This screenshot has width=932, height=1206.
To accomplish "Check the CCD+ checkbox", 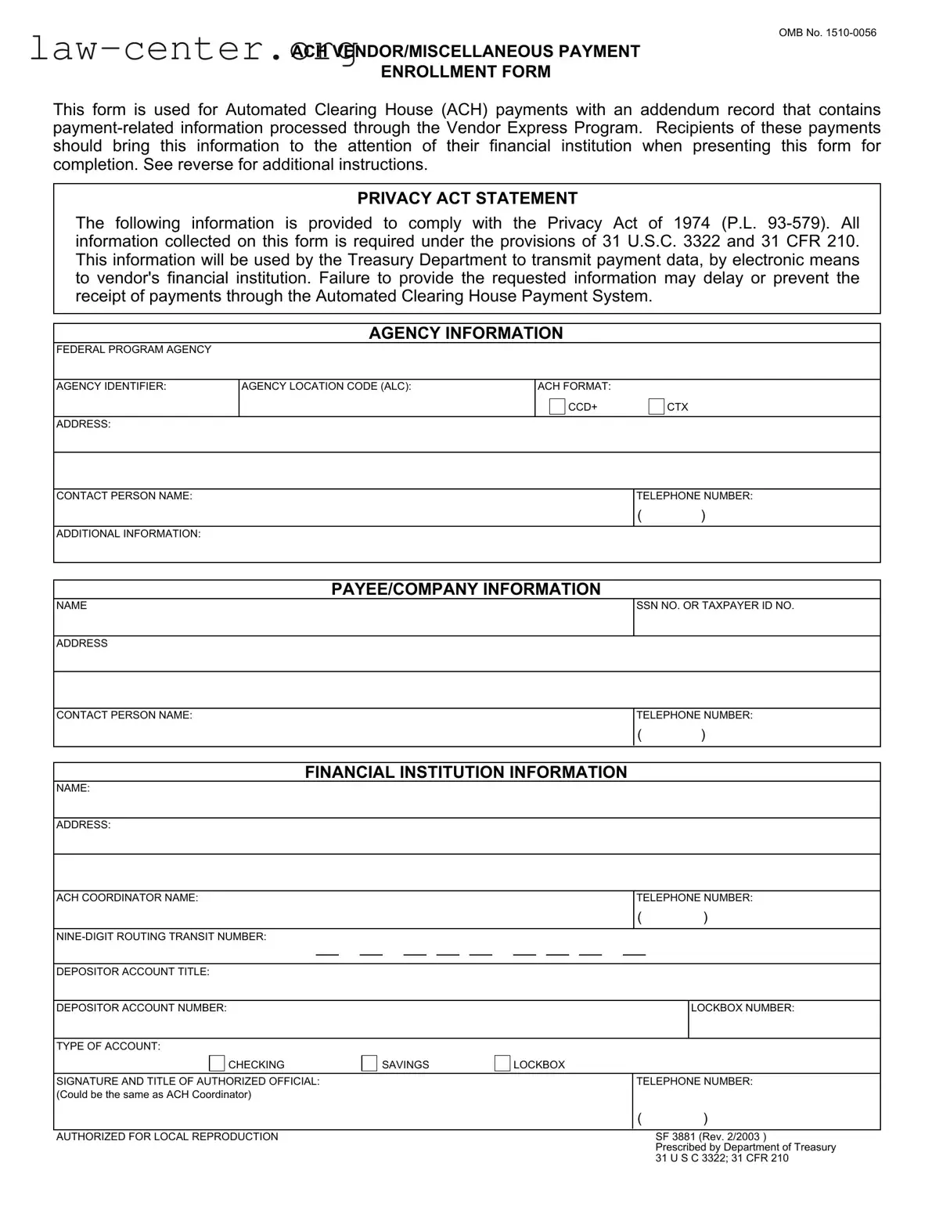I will pos(556,406).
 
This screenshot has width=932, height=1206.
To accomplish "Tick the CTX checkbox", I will pos(656,406).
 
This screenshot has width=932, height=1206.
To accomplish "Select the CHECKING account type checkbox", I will pos(217,1064).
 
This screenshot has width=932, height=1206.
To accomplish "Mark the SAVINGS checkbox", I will pos(369,1064).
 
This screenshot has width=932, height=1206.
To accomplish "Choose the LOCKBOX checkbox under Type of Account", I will pos(502,1064).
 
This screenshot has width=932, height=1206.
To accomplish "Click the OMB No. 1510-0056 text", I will pos(827,33).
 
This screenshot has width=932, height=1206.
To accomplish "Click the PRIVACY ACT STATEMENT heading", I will pos(467,199).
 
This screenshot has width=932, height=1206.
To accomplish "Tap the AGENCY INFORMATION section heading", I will pos(466,333).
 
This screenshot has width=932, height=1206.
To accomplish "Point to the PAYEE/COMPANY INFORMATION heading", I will pos(466,589).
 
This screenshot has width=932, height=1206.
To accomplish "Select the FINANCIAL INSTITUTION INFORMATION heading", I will pos(466,772).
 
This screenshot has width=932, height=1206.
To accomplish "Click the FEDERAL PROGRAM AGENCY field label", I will pos(134,350).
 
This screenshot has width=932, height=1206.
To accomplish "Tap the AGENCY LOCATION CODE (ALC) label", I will pos(326,387).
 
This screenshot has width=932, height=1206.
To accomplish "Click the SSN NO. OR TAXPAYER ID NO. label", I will pos(715,606).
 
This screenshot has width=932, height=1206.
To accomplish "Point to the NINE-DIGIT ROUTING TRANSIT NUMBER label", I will pos(161,937).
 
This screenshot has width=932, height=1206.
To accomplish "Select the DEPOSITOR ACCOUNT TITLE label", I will pos(133,972).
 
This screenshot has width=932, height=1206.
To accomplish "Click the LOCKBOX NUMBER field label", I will pos(743,1008).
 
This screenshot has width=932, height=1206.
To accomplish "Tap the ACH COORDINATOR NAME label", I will pos(128,898).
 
